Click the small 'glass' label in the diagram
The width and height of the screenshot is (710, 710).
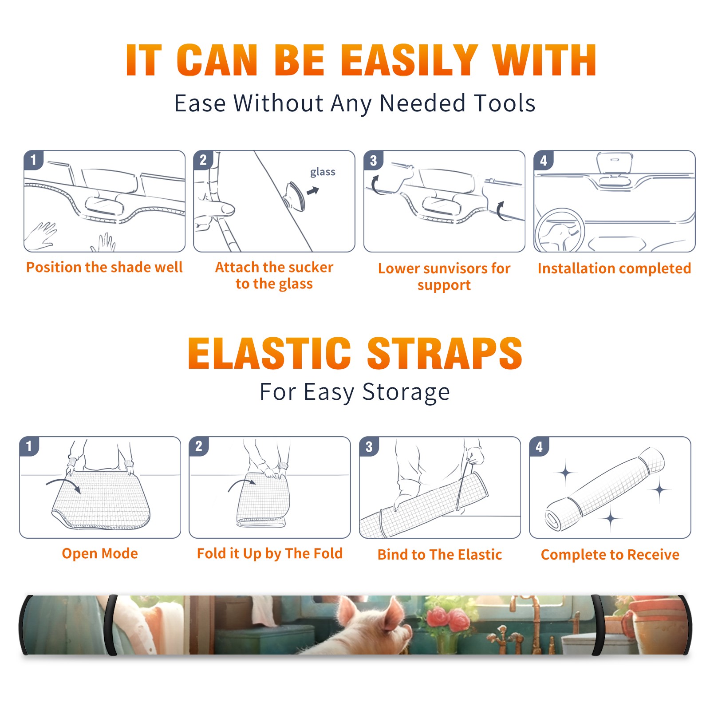coord(323,172)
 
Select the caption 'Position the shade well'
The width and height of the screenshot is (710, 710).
coord(104,267)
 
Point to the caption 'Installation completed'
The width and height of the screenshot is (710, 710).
coord(614,268)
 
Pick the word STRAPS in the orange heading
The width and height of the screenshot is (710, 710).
coord(445,353)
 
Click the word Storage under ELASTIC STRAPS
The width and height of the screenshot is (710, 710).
coord(406,392)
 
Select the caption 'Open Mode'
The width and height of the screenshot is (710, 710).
coord(100,553)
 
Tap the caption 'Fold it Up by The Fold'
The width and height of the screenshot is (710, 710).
coord(270,553)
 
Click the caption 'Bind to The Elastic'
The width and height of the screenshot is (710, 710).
coord(440,555)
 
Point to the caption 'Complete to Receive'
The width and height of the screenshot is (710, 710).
coord(610,555)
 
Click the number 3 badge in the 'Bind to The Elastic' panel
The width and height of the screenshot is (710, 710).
coord(369,446)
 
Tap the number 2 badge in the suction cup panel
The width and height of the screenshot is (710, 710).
coord(203,160)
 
